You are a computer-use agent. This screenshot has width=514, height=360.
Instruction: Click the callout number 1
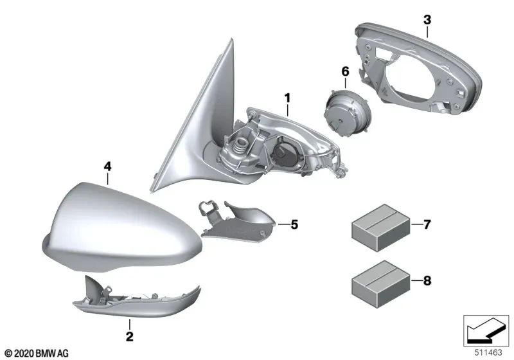[x=288, y=98]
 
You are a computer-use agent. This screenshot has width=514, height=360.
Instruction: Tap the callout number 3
[x=427, y=21]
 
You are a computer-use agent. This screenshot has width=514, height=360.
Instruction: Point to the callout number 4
[x=107, y=166]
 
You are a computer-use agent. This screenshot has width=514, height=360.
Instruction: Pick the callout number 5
[x=294, y=224]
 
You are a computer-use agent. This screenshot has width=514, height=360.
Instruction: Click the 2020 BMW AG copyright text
[x=37, y=353]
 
